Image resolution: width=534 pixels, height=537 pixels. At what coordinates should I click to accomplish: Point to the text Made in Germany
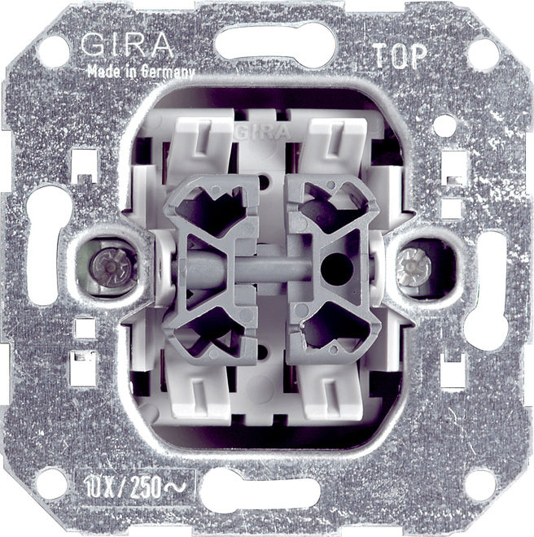pos(141,71)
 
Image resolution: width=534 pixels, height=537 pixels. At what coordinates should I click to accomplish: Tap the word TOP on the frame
pos(397,55)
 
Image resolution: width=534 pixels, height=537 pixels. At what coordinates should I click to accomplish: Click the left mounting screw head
pos(103,264)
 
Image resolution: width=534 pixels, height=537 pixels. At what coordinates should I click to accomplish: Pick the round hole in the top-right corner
pos(482,54)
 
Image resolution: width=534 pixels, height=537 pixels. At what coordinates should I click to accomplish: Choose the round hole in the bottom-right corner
pos(480,485)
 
